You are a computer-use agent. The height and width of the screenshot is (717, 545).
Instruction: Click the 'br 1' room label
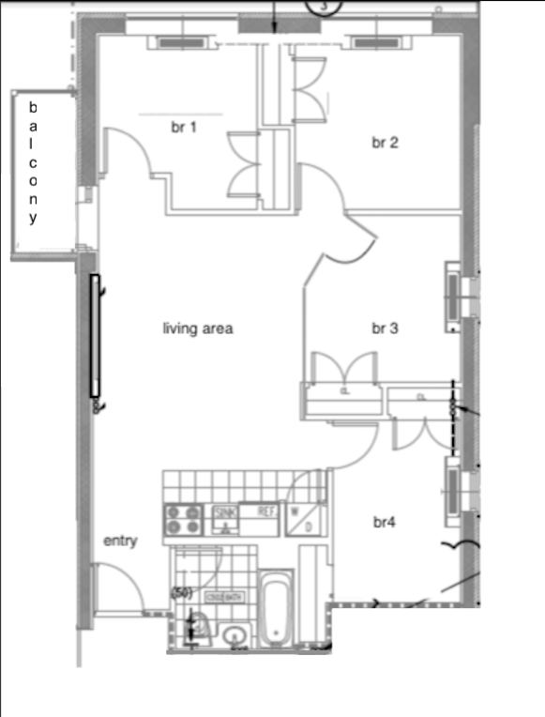click(183, 128)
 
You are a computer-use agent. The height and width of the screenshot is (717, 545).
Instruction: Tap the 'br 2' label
click(386, 143)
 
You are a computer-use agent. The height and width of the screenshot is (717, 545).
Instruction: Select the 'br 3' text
click(386, 328)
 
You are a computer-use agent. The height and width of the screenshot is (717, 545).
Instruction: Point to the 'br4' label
click(384, 522)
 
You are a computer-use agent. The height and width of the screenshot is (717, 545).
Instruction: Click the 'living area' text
click(198, 328)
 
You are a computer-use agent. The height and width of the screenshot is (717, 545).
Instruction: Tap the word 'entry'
click(120, 541)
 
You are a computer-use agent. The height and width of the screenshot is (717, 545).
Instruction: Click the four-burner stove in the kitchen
click(186, 519)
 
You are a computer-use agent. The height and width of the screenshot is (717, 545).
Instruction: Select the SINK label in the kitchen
click(224, 511)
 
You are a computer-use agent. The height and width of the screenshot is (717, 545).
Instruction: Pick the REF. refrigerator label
click(266, 511)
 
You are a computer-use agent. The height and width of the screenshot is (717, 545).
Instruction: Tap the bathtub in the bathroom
click(276, 611)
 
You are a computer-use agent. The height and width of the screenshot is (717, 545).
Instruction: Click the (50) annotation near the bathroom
click(181, 593)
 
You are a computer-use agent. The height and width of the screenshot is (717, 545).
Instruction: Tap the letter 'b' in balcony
click(34, 106)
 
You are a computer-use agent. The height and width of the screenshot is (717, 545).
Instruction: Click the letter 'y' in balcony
click(34, 219)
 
